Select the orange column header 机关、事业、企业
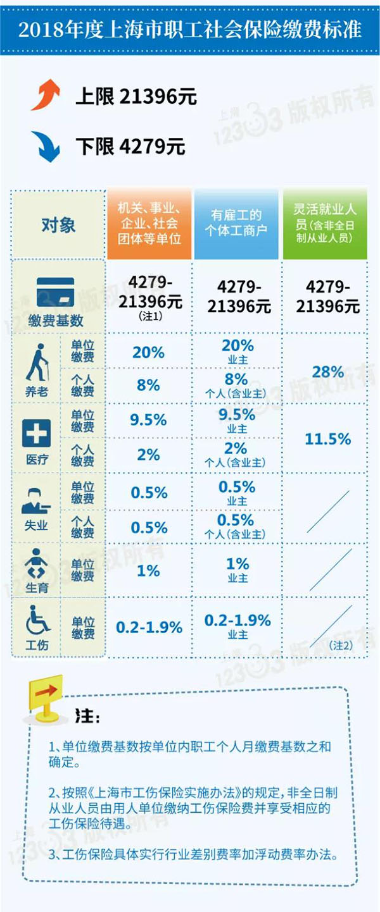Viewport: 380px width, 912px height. pyautogui.click(x=149, y=225)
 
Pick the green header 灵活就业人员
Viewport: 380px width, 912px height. pyautogui.click(x=324, y=224)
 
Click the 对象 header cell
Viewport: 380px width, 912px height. pyautogui.click(x=58, y=224)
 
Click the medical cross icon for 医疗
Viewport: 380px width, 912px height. pyautogui.click(x=36, y=434)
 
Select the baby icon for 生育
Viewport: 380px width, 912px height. pyautogui.click(x=35, y=563)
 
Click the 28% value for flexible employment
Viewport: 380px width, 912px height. pyautogui.click(x=324, y=371)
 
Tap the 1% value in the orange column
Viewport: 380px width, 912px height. pyautogui.click(x=148, y=570)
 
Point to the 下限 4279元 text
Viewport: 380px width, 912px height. pyautogui.click(x=130, y=147)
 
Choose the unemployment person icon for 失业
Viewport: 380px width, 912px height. pyautogui.click(x=35, y=503)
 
